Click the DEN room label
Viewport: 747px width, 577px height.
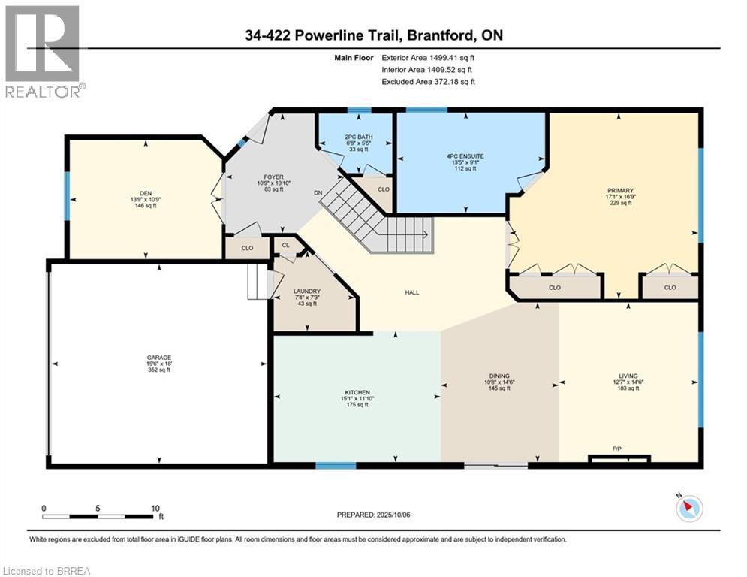click(x=146, y=193)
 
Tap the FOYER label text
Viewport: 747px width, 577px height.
click(x=273, y=177)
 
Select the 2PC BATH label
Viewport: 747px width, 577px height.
click(x=359, y=137)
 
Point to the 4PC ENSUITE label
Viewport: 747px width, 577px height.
click(x=465, y=156)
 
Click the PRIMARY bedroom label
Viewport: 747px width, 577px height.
click(x=620, y=190)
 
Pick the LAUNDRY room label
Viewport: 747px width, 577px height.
click(x=307, y=292)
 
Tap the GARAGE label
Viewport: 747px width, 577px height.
click(x=158, y=358)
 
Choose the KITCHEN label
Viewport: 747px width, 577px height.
click(x=357, y=392)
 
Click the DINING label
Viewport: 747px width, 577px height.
click(x=499, y=376)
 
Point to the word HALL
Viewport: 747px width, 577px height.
click(x=412, y=292)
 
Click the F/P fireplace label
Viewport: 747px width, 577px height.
click(x=617, y=449)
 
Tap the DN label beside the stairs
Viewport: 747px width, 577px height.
click(x=318, y=192)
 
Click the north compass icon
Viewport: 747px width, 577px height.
click(x=689, y=508)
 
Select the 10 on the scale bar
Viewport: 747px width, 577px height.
click(x=155, y=509)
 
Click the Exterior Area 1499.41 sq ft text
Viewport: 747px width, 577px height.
click(x=428, y=58)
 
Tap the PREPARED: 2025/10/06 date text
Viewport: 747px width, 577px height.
click(x=374, y=515)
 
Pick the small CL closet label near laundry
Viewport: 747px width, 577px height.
click(x=285, y=245)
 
